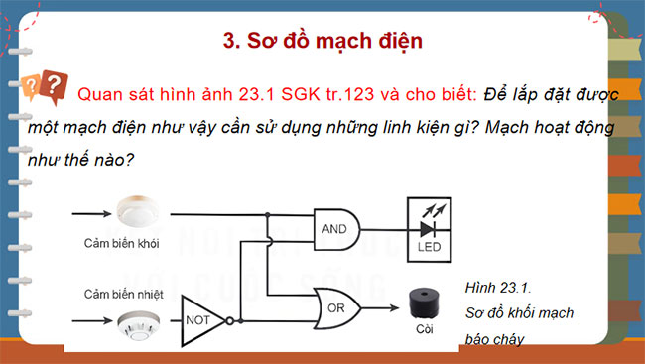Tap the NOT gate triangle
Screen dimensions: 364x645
tap(200, 320)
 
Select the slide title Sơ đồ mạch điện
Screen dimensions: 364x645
tap(322, 41)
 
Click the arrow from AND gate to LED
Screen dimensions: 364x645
tap(387, 228)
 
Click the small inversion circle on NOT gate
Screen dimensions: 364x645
tap(229, 320)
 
